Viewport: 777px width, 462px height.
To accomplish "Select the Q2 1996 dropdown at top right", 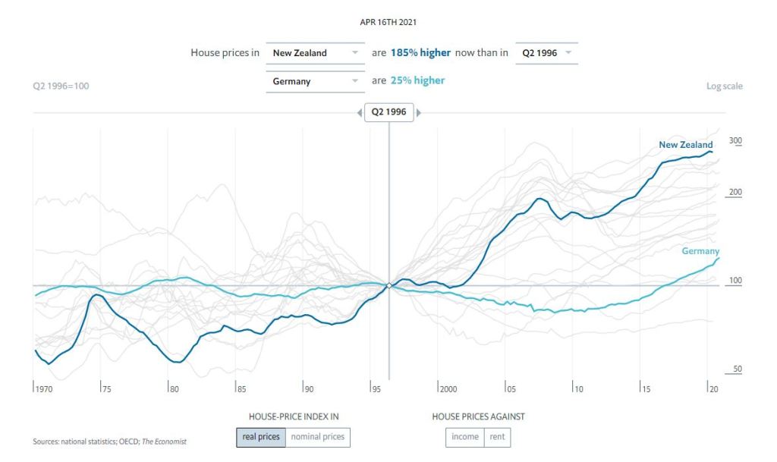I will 546,53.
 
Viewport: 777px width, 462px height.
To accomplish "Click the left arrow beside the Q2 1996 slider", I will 360,113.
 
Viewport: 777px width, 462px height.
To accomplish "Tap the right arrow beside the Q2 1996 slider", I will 418,113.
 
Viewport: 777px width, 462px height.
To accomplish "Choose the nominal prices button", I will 318,436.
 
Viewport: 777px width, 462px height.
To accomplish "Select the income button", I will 464,436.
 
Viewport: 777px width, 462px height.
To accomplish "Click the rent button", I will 497,436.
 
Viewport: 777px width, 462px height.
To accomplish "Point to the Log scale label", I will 724,86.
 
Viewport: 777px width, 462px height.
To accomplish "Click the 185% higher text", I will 420,53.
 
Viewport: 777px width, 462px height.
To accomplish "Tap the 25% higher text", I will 417,80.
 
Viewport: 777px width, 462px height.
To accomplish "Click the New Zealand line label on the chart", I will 685,145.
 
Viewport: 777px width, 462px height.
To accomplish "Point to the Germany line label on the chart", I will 700,251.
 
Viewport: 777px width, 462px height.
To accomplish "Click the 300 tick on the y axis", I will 735,140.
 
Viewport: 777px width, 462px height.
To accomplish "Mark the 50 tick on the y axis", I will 737,369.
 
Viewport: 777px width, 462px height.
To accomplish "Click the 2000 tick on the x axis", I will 448,389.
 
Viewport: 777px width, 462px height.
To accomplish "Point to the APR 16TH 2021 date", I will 388,23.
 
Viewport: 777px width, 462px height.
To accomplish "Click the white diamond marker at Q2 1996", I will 388,286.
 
